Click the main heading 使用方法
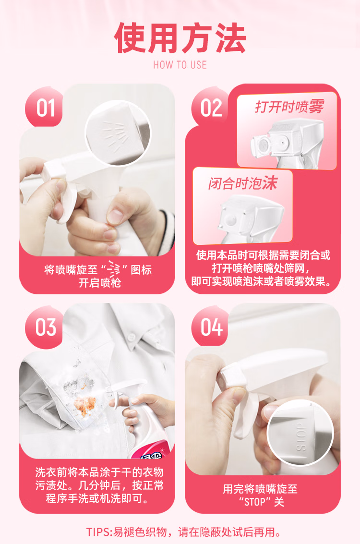(x=180, y=38)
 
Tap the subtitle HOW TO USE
(x=180, y=65)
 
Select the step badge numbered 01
(x=44, y=107)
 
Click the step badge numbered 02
(x=210, y=107)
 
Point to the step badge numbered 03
(x=45, y=327)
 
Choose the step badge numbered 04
(x=211, y=327)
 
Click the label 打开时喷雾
(x=289, y=107)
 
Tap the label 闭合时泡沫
(x=243, y=183)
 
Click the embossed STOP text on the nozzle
(x=301, y=436)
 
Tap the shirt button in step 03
(x=132, y=336)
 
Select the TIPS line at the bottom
(x=183, y=532)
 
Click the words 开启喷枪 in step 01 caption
(x=99, y=283)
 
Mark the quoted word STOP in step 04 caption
(x=255, y=502)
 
